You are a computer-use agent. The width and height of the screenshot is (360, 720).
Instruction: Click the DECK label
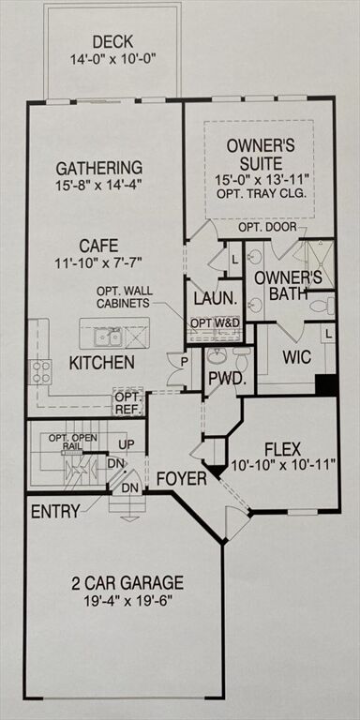click(112, 42)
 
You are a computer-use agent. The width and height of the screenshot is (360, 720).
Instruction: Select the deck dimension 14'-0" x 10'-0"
click(112, 59)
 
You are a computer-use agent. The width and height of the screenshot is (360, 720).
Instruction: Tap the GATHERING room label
click(99, 168)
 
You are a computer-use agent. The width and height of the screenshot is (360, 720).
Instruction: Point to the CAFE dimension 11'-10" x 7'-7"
click(99, 262)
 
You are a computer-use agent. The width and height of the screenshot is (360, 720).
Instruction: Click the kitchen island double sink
click(108, 337)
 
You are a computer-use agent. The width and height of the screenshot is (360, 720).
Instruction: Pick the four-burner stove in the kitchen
click(40, 371)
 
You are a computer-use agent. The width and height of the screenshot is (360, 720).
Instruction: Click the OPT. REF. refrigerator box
click(128, 403)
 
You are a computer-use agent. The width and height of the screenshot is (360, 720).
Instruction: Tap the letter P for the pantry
click(184, 361)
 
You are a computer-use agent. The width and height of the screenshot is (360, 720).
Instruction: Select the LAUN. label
click(216, 299)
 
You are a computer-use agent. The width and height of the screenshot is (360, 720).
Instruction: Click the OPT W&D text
click(215, 323)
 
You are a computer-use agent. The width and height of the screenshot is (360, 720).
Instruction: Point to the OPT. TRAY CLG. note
click(261, 193)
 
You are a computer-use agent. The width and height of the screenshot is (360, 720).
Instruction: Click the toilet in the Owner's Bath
click(322, 305)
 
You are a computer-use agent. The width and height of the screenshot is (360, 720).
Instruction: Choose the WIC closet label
click(296, 357)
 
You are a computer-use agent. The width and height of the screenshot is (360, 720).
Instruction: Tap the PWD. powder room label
click(225, 380)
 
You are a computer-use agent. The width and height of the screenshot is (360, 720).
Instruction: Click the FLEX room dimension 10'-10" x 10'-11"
click(282, 465)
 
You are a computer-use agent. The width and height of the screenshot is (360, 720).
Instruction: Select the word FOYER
click(182, 479)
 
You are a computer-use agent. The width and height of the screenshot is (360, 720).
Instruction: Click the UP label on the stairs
click(127, 444)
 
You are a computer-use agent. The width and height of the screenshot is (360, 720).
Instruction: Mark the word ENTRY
click(55, 512)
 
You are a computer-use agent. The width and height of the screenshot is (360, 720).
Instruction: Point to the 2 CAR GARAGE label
click(127, 583)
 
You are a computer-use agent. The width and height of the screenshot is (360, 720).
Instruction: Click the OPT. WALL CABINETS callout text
click(124, 297)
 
